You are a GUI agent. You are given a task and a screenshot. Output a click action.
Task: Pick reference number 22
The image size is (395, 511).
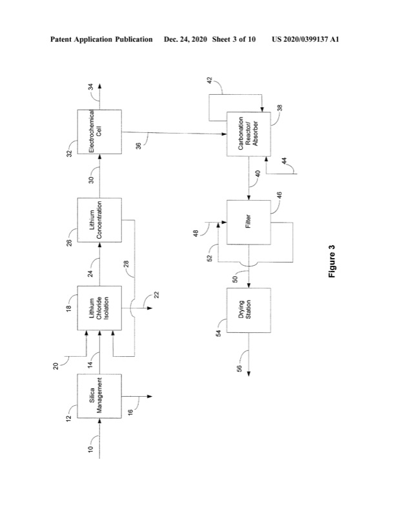tap(156, 295)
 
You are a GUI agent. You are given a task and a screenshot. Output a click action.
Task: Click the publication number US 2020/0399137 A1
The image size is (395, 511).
tap(310, 39)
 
